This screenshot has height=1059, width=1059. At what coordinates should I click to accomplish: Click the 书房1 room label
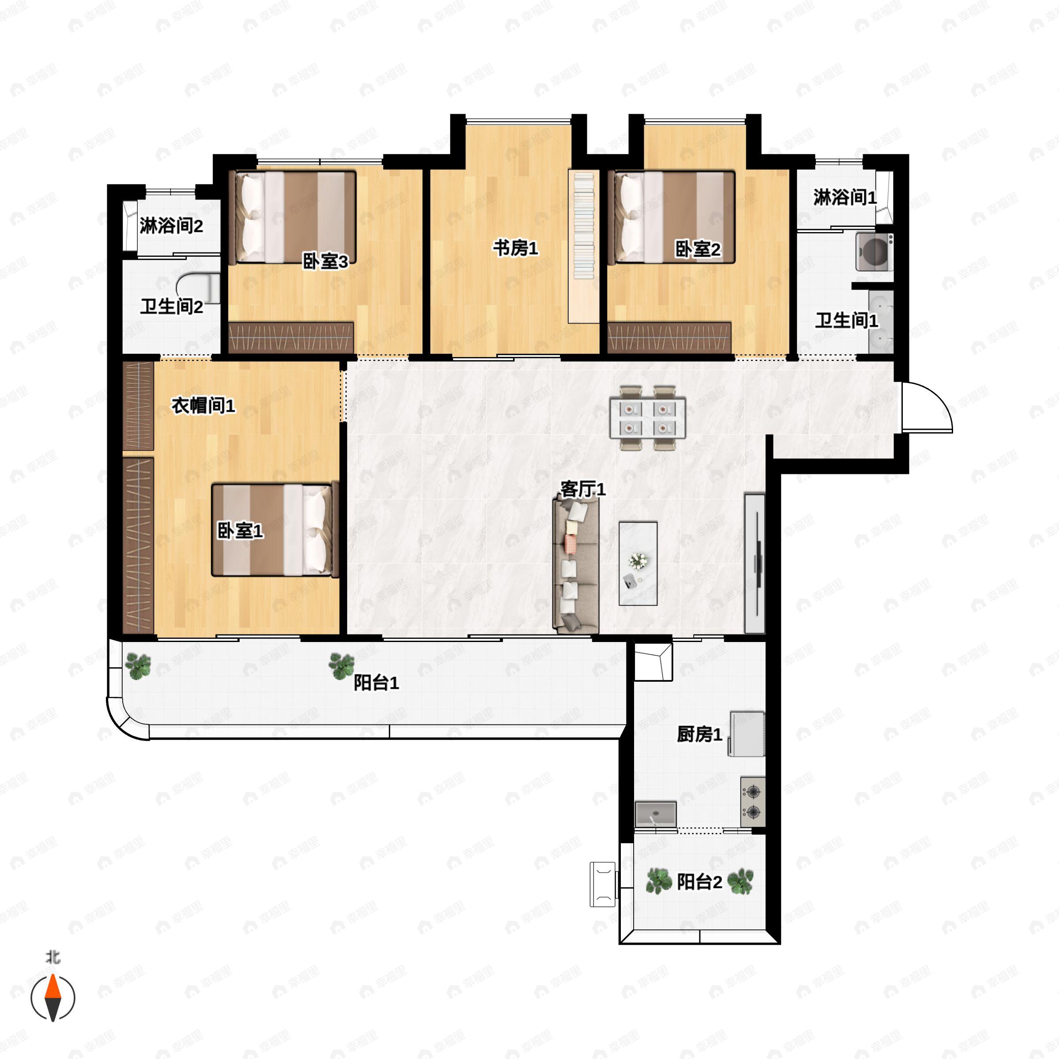click(515, 248)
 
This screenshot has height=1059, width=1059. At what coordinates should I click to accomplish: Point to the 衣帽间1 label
click(203, 406)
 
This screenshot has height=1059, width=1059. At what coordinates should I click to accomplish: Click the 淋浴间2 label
click(171, 226)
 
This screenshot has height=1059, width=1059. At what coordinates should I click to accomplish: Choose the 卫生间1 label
click(846, 321)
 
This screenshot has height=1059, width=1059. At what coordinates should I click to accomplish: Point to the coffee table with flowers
click(638, 563)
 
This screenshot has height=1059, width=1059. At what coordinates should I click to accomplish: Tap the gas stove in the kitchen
click(753, 802)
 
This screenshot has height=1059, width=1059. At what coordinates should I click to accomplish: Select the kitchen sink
click(656, 815)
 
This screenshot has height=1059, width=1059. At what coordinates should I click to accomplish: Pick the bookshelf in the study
click(583, 246)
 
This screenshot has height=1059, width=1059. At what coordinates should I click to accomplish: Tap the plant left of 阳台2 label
click(659, 882)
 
